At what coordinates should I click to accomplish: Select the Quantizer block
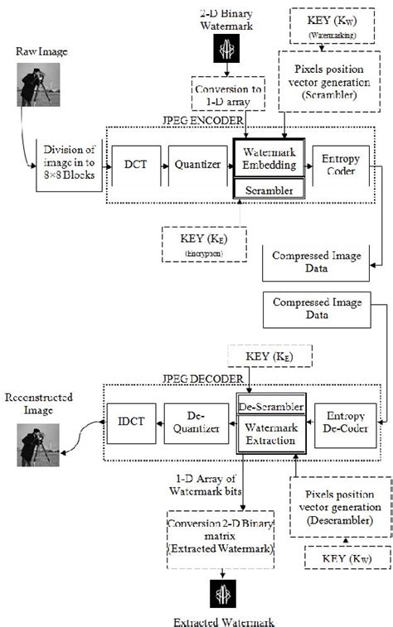[x=198, y=165]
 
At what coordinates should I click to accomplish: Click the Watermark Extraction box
[x=270, y=434]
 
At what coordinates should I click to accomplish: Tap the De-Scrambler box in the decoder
[x=270, y=406]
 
